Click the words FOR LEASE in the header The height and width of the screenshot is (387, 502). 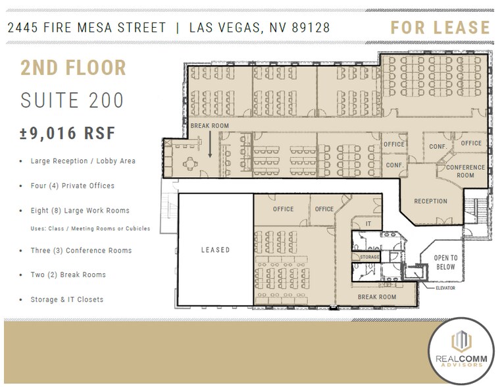[440, 28]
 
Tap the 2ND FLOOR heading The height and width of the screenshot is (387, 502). [73, 67]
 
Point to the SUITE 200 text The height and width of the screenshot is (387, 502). [72, 100]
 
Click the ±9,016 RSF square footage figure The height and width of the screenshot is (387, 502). [68, 133]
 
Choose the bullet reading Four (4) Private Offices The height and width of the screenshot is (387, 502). [72, 186]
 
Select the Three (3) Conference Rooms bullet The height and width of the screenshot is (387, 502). [81, 251]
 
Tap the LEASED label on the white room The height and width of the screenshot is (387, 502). [216, 250]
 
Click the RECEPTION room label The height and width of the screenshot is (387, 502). [430, 201]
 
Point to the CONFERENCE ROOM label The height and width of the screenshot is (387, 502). [465, 171]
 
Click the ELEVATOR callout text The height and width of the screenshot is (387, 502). [445, 288]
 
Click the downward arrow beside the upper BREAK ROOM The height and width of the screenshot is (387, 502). [210, 145]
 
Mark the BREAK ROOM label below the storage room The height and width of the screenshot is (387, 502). [377, 297]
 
